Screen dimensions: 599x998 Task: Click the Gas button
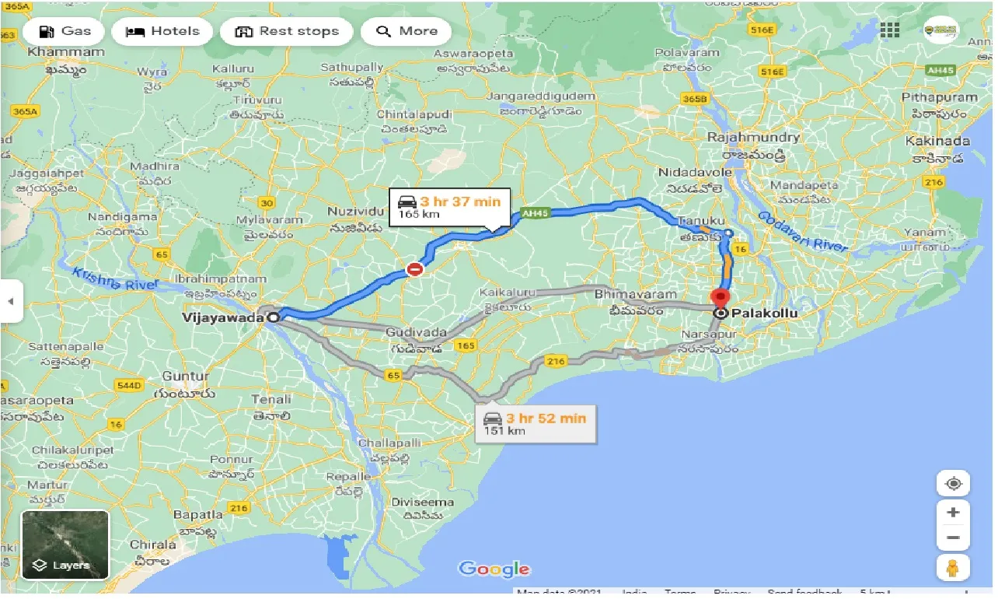(x=65, y=32)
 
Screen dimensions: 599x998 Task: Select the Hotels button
(x=162, y=32)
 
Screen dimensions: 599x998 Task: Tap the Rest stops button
(x=287, y=32)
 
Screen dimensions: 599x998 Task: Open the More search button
(x=407, y=32)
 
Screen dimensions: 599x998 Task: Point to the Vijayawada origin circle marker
(x=274, y=317)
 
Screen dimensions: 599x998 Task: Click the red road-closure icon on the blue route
(x=415, y=269)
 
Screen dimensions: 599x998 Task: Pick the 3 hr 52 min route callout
(x=536, y=423)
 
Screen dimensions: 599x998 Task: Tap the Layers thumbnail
(x=65, y=545)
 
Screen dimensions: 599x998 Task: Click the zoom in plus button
(x=954, y=513)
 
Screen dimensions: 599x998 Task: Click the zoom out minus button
(x=954, y=538)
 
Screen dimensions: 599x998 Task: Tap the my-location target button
(x=954, y=483)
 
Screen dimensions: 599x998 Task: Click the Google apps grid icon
(x=889, y=30)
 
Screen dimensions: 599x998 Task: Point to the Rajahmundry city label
(x=752, y=138)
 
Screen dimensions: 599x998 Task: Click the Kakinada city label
(x=937, y=142)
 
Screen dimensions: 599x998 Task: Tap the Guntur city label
(x=185, y=377)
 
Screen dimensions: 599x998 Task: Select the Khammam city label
(x=65, y=52)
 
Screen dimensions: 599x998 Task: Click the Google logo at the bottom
(x=494, y=569)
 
